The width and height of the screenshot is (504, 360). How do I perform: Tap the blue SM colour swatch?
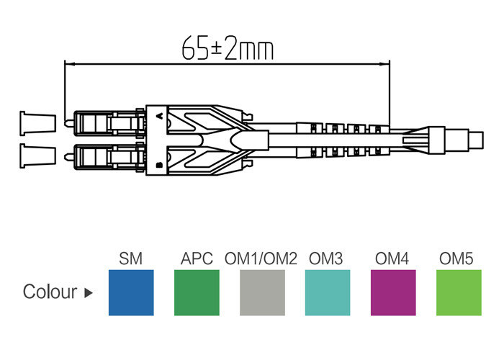[x=130, y=292]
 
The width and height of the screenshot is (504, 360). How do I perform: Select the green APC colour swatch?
[x=197, y=292]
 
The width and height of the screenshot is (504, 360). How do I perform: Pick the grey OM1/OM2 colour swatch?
[x=262, y=292]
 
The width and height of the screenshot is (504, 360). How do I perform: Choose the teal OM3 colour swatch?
[x=328, y=292]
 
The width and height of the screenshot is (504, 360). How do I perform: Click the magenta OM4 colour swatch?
[x=393, y=292]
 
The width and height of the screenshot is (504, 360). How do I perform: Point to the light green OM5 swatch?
[x=459, y=292]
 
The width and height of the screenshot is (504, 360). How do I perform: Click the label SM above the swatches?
[x=130, y=258]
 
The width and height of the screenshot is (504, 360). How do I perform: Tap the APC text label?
[x=197, y=258]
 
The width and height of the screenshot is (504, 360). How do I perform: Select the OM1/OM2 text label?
[x=261, y=258]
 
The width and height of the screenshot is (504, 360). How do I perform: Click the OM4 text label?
[x=392, y=258]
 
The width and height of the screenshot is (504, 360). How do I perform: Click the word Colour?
[x=50, y=292]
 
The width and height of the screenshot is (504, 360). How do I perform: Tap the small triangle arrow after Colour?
[x=89, y=293]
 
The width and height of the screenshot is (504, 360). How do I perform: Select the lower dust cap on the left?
[x=37, y=154]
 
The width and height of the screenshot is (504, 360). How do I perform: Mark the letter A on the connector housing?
[x=158, y=113]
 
